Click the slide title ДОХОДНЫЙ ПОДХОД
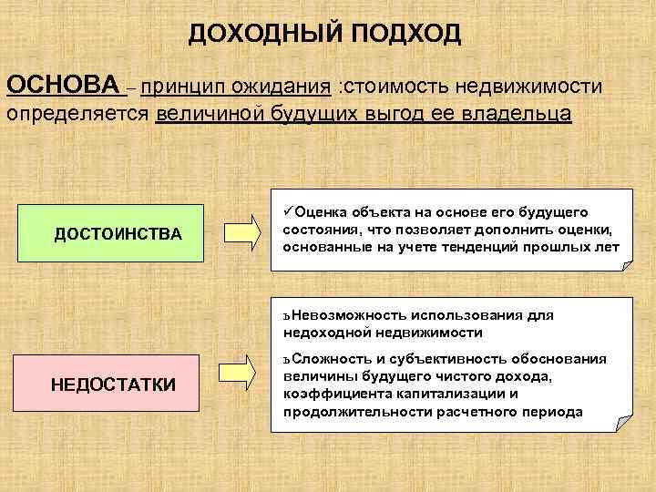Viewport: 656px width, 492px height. pyautogui.click(x=325, y=35)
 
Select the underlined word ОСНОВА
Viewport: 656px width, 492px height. pyautogui.click(x=64, y=86)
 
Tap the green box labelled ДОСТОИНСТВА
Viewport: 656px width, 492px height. pyautogui.click(x=118, y=235)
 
